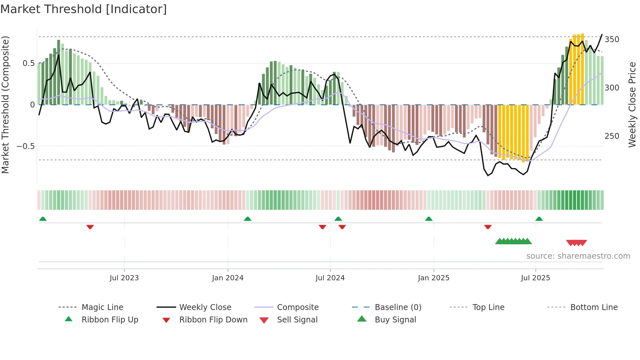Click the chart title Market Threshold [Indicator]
[84, 9]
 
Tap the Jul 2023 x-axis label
[124, 278]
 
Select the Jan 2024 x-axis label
[228, 278]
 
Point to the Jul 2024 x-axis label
[330, 278]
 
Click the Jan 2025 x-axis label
[434, 278]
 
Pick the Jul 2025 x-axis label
[536, 278]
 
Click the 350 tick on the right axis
[612, 40]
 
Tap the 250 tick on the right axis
[612, 136]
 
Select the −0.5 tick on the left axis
[26, 146]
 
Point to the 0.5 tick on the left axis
[28, 63]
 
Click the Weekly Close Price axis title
[632, 105]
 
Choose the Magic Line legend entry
[102, 307]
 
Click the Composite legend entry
[297, 307]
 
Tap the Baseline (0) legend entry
[398, 307]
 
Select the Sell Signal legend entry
[297, 320]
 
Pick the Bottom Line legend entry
[594, 307]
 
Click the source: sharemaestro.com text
[578, 256]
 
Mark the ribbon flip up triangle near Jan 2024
[248, 219]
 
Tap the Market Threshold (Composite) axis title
[6, 105]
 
